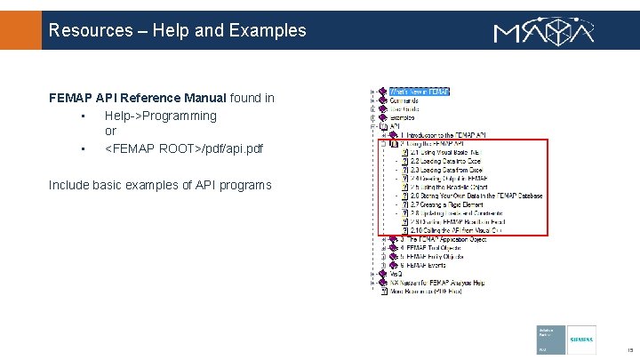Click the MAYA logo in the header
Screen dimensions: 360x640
coord(545,31)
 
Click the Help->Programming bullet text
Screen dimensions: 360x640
coord(160,116)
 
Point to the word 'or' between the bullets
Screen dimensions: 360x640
coord(110,132)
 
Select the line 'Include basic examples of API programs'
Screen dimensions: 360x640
coord(160,185)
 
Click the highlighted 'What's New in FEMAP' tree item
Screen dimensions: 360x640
coord(419,92)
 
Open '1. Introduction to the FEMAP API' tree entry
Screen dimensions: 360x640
coord(442,135)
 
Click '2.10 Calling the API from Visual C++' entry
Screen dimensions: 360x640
coord(456,230)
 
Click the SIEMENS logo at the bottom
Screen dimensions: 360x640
coord(581,340)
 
